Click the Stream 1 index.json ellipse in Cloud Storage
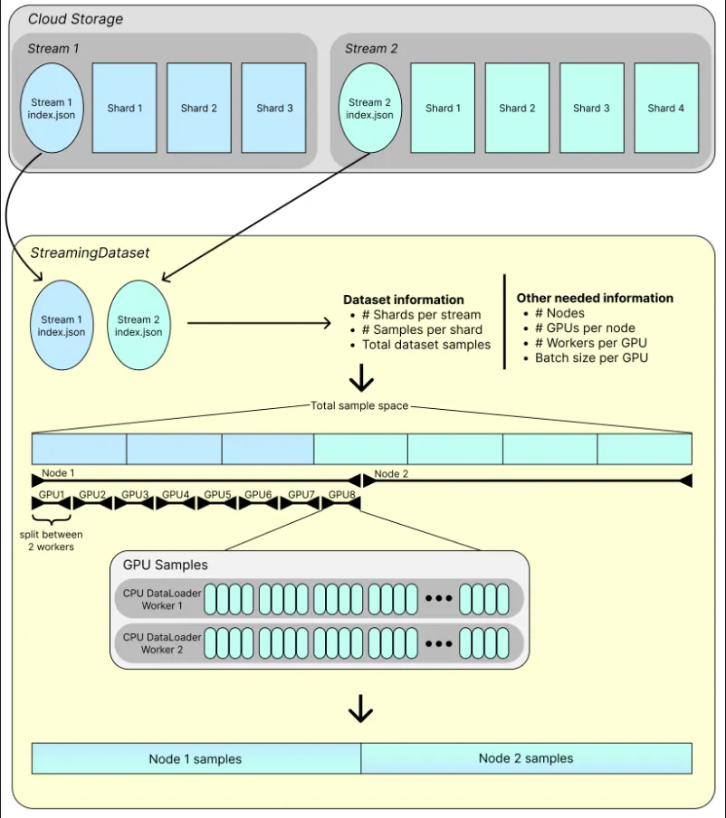pyautogui.click(x=52, y=108)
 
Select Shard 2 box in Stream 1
pyautogui.click(x=199, y=108)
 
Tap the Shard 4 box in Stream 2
pyautogui.click(x=666, y=108)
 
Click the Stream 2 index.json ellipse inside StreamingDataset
pyautogui.click(x=139, y=325)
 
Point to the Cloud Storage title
pyautogui.click(x=75, y=19)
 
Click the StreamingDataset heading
pyautogui.click(x=90, y=253)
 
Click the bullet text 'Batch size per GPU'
pyautogui.click(x=591, y=358)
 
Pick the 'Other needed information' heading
pyautogui.click(x=595, y=298)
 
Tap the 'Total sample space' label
pyautogui.click(x=359, y=405)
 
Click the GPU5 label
pyautogui.click(x=217, y=494)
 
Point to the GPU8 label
pyautogui.click(x=342, y=494)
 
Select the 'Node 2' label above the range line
pyautogui.click(x=391, y=473)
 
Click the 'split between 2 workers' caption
pyautogui.click(x=52, y=540)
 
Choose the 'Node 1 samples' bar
pyautogui.click(x=196, y=758)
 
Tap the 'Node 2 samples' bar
pyautogui.click(x=526, y=758)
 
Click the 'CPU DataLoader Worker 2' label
pyautogui.click(x=162, y=643)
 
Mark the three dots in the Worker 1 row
pyautogui.click(x=438, y=599)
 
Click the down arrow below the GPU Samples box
pyautogui.click(x=360, y=708)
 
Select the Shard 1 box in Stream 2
pyautogui.click(x=444, y=108)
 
